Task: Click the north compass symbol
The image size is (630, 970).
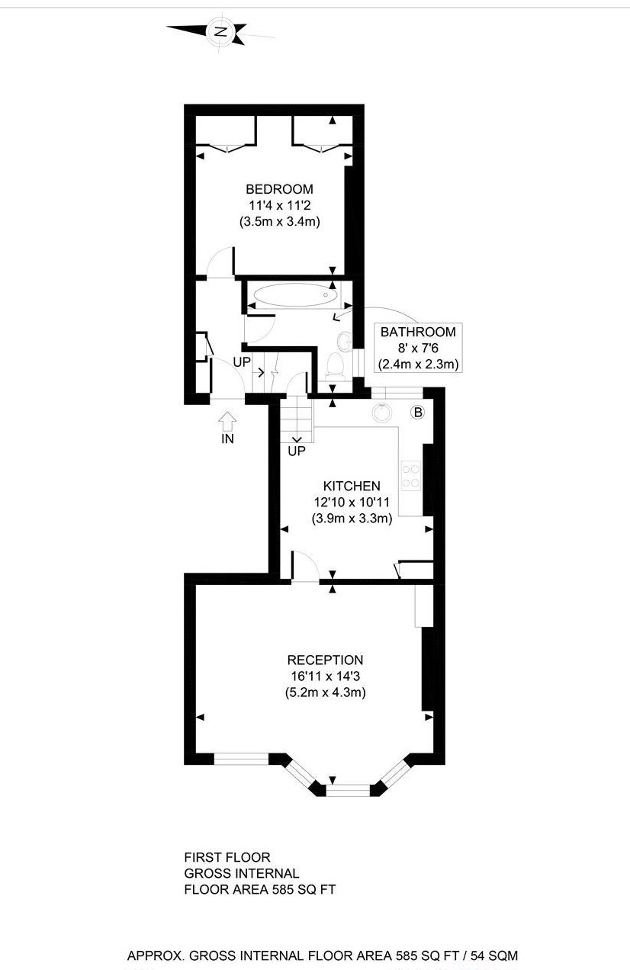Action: click(221, 31)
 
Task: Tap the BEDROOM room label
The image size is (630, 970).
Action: click(279, 189)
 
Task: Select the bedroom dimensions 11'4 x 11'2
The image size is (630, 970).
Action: click(279, 205)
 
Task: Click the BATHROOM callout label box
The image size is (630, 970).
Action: click(418, 348)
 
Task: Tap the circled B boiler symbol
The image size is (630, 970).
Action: click(417, 413)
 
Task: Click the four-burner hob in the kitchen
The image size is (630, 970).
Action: click(411, 476)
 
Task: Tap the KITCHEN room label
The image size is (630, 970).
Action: click(352, 486)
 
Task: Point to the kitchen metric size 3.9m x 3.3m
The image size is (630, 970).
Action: click(352, 519)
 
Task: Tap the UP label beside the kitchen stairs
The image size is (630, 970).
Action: click(297, 451)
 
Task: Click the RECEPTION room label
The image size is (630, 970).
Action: click(325, 660)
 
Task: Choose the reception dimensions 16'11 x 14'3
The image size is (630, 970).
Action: click(325, 676)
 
